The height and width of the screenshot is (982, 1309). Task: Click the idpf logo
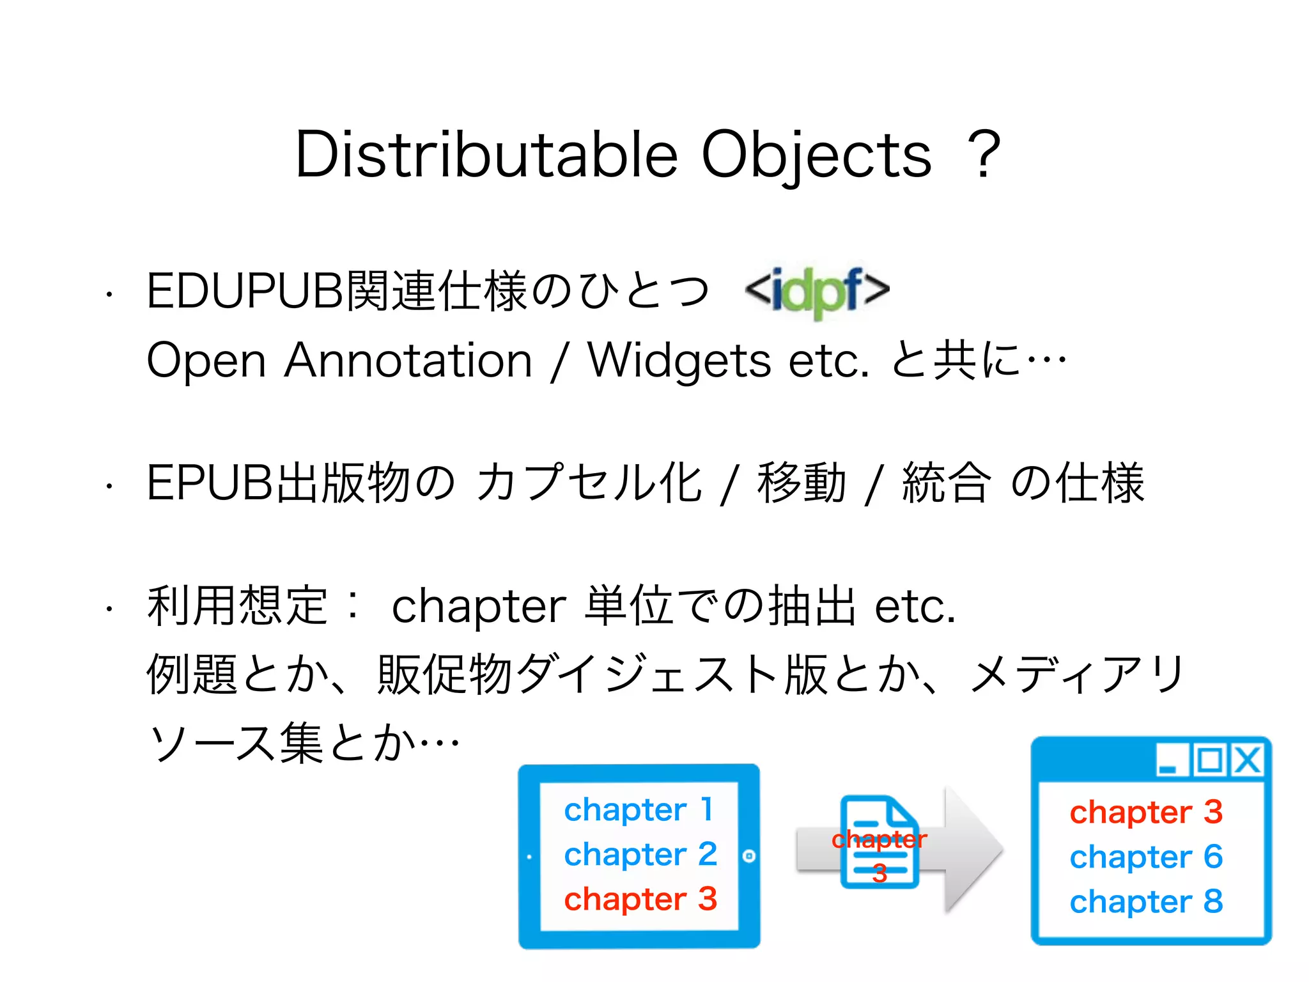pyautogui.click(x=817, y=292)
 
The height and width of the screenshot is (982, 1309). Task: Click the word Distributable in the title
pyautogui.click(x=486, y=155)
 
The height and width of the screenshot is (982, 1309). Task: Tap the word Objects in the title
pyautogui.click(x=816, y=155)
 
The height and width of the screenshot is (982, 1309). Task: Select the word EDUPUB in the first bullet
pyautogui.click(x=245, y=292)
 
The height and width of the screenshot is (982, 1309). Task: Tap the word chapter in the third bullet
pyautogui.click(x=478, y=606)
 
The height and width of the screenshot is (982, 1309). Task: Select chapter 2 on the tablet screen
pyautogui.click(x=640, y=854)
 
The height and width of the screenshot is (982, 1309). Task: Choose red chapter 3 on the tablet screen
pyautogui.click(x=640, y=899)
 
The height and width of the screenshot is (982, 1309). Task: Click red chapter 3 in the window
pyautogui.click(x=1146, y=812)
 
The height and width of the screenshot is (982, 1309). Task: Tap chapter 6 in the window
pyautogui.click(x=1146, y=857)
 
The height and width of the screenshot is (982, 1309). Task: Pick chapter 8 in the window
pyautogui.click(x=1146, y=901)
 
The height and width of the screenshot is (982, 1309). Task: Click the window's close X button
pyautogui.click(x=1246, y=761)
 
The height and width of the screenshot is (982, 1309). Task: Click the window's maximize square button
pyautogui.click(x=1210, y=761)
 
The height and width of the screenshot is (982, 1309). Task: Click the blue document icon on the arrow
pyautogui.click(x=879, y=841)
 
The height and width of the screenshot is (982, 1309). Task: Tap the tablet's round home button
pyautogui.click(x=749, y=856)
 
